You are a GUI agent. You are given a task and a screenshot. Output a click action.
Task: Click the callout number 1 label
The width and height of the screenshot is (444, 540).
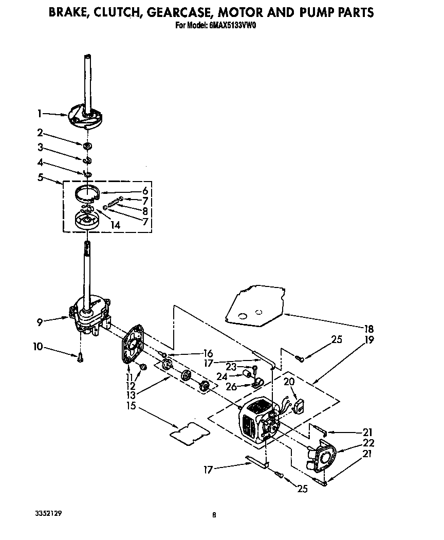click(x=40, y=113)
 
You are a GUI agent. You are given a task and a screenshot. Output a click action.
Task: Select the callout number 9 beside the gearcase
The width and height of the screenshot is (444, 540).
click(x=40, y=322)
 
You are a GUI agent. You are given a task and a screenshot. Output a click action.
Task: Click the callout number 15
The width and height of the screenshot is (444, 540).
click(x=131, y=406)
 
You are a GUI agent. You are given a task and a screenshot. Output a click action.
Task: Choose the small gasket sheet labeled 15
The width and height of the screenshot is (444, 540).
click(x=190, y=431)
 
